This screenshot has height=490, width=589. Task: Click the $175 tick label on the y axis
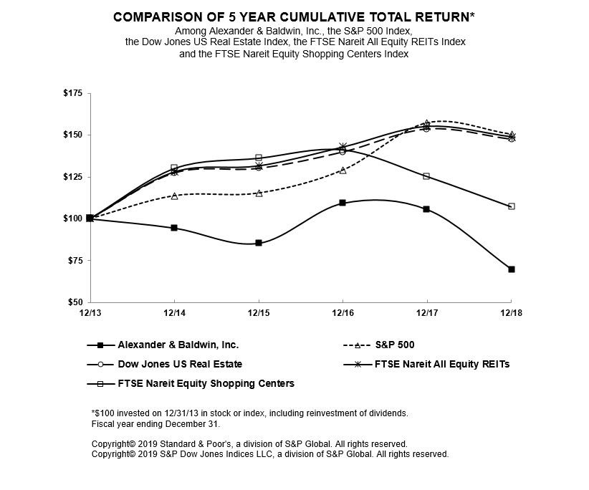point(72,93)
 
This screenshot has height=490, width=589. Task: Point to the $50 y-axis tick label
point(75,302)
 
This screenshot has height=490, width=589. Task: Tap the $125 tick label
point(72,177)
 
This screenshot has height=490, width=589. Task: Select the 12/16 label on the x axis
point(343,313)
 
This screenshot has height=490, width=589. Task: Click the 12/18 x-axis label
point(511,313)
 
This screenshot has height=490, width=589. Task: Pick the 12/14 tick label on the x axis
point(174,313)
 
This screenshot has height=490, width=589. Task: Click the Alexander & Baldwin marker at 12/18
point(512,269)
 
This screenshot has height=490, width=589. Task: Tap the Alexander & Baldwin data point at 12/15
point(259,243)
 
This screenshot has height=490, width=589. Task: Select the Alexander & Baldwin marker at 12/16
point(343,203)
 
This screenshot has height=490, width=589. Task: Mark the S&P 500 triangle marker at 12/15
point(259,193)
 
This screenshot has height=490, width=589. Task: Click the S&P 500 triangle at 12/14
point(174,196)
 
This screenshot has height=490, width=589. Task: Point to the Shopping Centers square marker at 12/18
point(512,206)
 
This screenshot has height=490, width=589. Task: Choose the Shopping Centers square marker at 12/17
point(427,176)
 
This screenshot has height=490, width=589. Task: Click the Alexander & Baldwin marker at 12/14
point(174,228)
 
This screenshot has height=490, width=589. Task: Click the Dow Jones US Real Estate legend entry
point(180,364)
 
